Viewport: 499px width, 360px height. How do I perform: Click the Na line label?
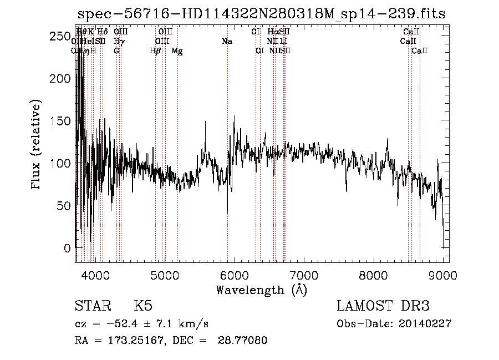227,41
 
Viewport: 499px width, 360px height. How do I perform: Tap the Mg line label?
177,51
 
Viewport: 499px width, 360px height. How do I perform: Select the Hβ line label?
155,51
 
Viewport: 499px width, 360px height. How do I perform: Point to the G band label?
116,51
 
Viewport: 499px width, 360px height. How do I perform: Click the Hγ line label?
119,41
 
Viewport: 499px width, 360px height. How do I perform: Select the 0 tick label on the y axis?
67,247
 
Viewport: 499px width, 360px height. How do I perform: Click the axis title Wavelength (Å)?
262,289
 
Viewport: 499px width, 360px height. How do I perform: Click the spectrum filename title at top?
261,14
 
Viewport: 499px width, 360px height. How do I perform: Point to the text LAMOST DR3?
383,306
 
